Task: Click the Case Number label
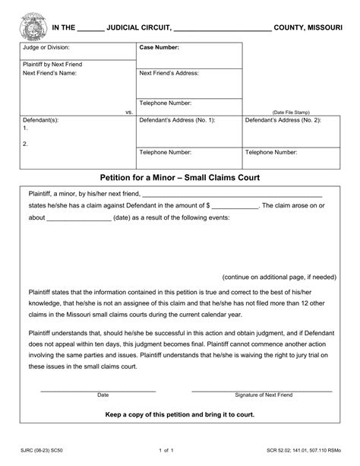(159, 48)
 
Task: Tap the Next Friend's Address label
(169, 73)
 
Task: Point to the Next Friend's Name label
(50, 74)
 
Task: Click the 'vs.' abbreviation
(129, 111)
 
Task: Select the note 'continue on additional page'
(279, 277)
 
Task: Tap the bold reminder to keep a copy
(180, 415)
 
